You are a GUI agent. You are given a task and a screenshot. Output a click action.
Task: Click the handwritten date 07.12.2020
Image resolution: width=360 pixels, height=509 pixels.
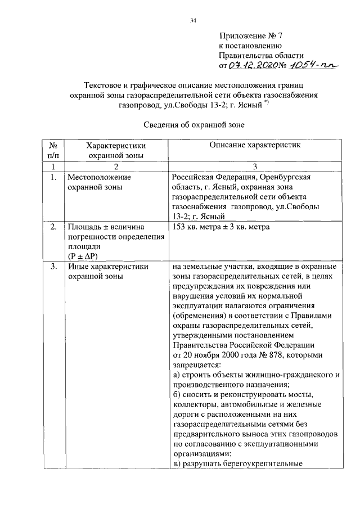point(251,66)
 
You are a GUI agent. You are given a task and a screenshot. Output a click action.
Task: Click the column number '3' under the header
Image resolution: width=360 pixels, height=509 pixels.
point(254,166)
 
